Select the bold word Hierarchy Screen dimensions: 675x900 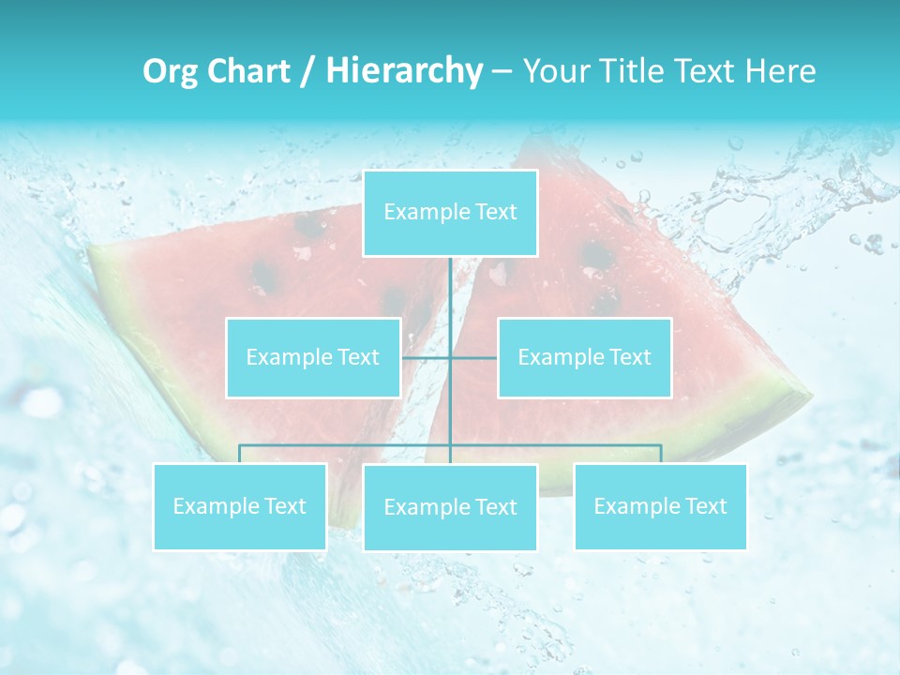pos(403,71)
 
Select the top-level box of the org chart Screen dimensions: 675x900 pos(450,213)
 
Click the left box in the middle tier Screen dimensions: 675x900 pos(313,357)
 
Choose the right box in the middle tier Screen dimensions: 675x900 pos(584,357)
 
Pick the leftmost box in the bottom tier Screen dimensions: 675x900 pos(239,507)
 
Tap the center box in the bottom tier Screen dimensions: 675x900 pos(450,508)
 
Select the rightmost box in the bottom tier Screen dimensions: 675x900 pos(660,507)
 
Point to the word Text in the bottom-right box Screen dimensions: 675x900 pos(705,507)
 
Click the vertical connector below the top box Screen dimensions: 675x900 pos(450,291)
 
